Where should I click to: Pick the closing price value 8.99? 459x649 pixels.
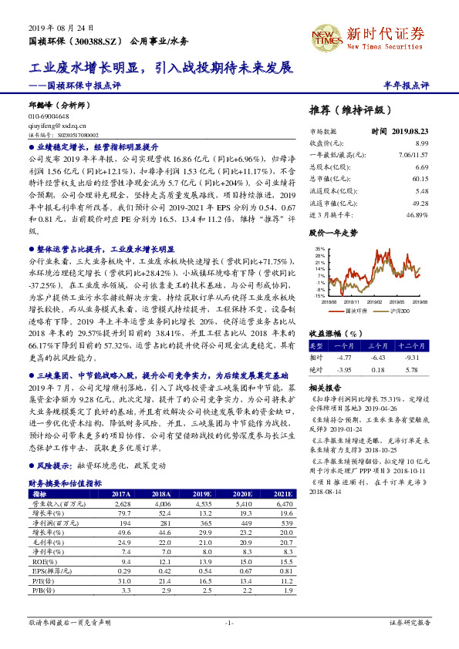(x=421, y=143)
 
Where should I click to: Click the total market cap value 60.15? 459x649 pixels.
(x=420, y=179)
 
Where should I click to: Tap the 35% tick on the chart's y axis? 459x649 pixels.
(x=319, y=248)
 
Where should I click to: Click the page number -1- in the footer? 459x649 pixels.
(x=229, y=621)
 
